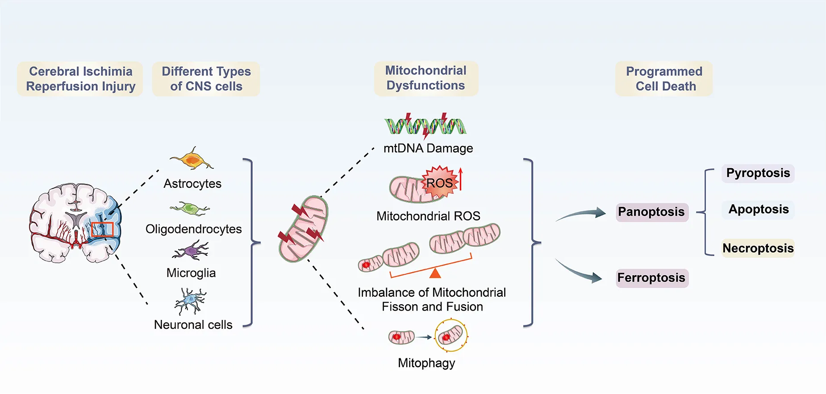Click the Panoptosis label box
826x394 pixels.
click(x=651, y=212)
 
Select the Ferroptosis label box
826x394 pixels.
click(x=651, y=278)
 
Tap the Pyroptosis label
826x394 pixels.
click(x=758, y=173)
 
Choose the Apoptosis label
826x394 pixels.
click(x=758, y=209)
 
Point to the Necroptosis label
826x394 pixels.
click(x=758, y=248)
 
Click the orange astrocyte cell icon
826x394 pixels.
click(x=192, y=160)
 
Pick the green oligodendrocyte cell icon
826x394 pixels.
click(x=190, y=208)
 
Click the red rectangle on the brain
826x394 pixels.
click(x=102, y=229)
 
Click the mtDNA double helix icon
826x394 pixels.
click(x=425, y=125)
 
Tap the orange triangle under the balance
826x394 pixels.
click(x=435, y=273)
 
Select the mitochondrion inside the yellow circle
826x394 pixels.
click(x=451, y=335)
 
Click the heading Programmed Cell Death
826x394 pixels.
click(x=664, y=79)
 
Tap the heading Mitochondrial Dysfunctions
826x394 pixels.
click(x=426, y=78)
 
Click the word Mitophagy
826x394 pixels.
click(x=426, y=363)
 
